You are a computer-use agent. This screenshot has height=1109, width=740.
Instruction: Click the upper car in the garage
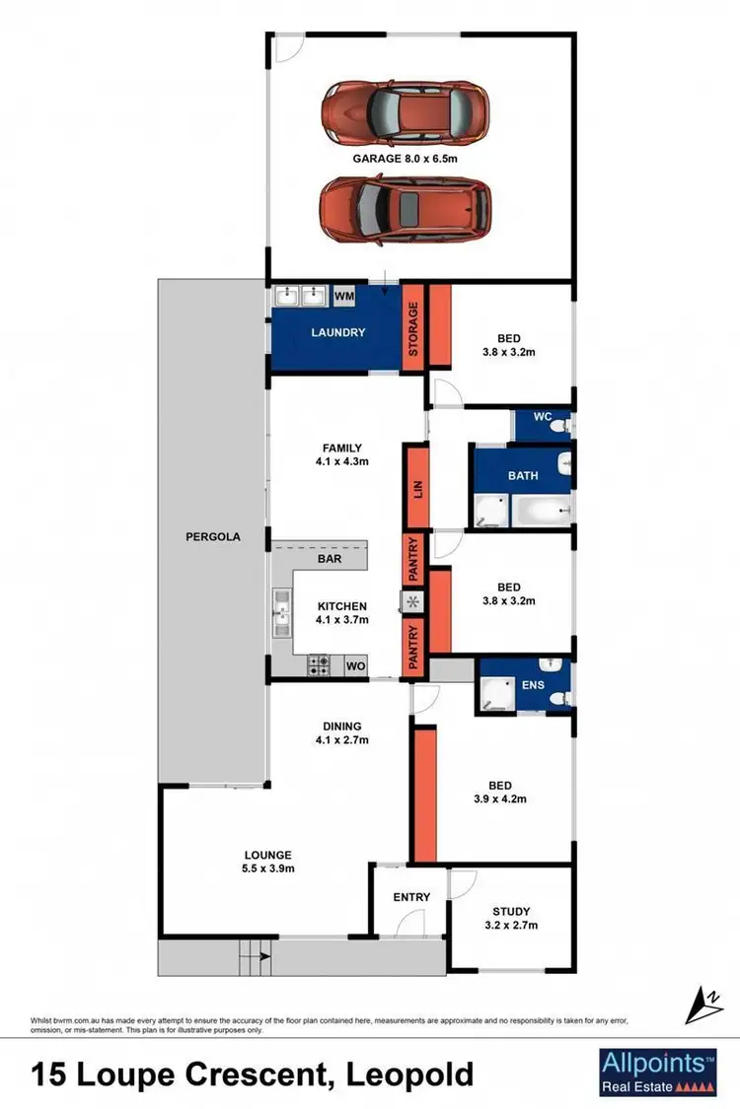[406, 111]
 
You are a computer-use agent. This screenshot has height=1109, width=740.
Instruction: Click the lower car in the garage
[406, 209]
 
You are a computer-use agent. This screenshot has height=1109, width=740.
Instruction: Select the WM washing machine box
[344, 296]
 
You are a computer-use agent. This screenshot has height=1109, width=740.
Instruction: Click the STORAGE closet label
[413, 329]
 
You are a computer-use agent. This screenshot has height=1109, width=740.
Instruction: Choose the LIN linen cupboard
[416, 487]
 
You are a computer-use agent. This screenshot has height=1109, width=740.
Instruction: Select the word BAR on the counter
[330, 558]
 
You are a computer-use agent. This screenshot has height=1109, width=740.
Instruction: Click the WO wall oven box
[354, 667]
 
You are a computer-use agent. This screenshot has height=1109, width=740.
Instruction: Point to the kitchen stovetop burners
[320, 666]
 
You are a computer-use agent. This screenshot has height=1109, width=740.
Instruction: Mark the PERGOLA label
[210, 537]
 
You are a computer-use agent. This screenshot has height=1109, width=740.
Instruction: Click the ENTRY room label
[411, 897]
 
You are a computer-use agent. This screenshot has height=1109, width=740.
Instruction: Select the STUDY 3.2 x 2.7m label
[510, 919]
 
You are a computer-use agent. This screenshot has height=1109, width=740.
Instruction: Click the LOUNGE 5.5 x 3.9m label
[269, 862]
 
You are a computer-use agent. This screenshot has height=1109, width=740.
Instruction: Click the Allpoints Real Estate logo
[657, 1073]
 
